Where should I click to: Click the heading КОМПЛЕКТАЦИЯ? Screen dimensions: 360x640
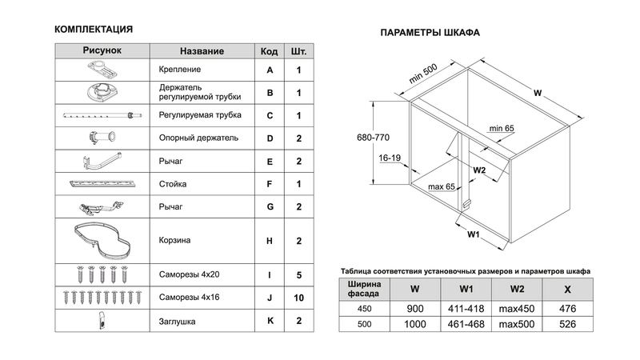click(x=93, y=30)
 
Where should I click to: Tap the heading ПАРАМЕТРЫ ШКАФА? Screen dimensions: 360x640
click(x=430, y=34)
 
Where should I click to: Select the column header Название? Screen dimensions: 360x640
click(x=202, y=51)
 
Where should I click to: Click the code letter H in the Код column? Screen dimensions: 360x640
click(x=270, y=239)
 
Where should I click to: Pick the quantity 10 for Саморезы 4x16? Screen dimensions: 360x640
click(x=298, y=298)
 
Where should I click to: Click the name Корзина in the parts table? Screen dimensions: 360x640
click(x=174, y=239)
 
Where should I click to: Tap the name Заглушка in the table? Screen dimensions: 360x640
click(x=178, y=322)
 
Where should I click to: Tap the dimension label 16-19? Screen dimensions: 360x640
click(x=390, y=158)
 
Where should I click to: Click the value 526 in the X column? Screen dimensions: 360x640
click(x=568, y=326)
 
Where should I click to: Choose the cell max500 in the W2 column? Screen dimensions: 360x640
click(x=518, y=326)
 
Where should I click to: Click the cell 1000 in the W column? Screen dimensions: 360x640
click(x=414, y=326)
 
